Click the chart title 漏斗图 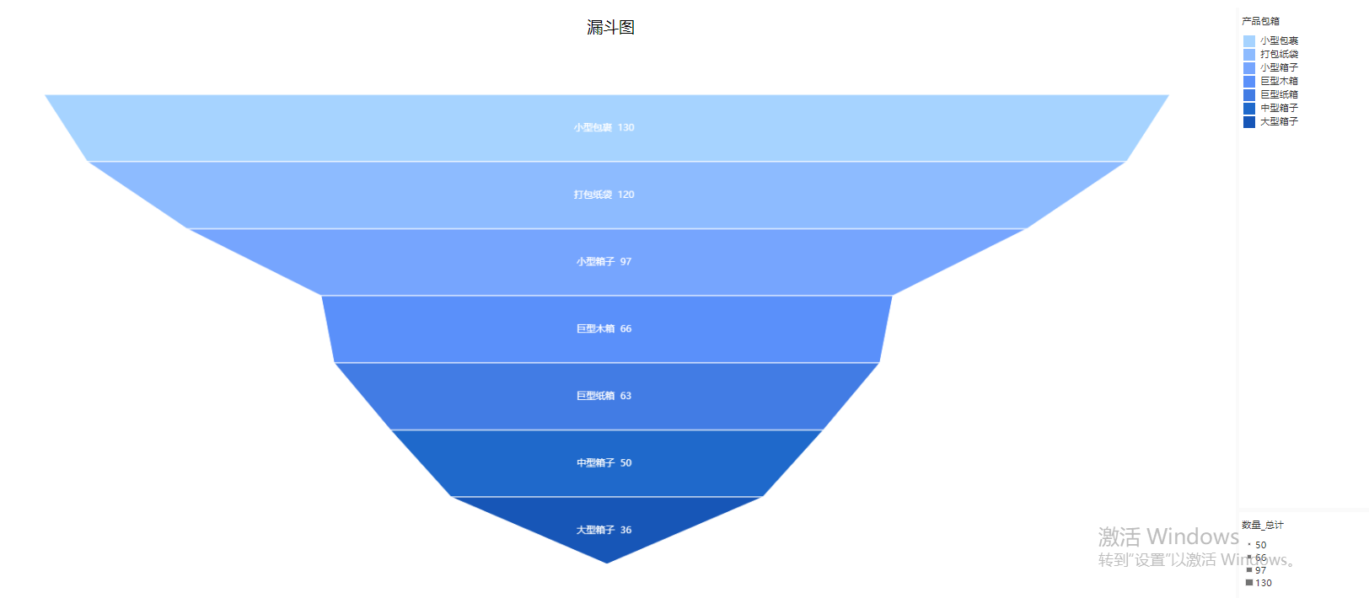point(610,28)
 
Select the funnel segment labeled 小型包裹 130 point(606,128)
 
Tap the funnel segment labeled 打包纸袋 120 point(606,195)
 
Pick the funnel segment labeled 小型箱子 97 point(606,262)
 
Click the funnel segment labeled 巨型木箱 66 point(606,329)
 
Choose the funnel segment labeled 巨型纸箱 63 point(606,397)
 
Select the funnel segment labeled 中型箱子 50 point(606,463)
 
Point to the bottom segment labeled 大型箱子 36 point(606,526)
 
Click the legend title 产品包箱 point(1260,21)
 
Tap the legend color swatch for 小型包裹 point(1249,41)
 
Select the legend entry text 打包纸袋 point(1279,55)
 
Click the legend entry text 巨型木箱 point(1279,81)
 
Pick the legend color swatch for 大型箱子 point(1249,121)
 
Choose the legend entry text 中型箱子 point(1279,108)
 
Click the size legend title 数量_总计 point(1263,525)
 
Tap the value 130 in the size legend point(1264,584)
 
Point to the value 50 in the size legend point(1261,545)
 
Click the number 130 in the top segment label point(625,128)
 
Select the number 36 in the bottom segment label point(625,530)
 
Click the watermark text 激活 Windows point(1168,537)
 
